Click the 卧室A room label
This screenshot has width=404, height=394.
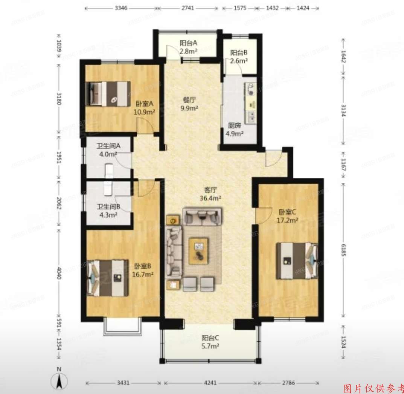[x=144, y=104]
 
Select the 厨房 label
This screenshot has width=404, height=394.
[x=234, y=126]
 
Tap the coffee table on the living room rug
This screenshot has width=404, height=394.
[x=198, y=249]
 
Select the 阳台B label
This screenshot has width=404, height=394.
[x=238, y=53]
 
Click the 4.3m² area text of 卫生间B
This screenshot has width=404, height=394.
[x=108, y=215]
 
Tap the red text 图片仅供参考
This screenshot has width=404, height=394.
[x=373, y=388]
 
